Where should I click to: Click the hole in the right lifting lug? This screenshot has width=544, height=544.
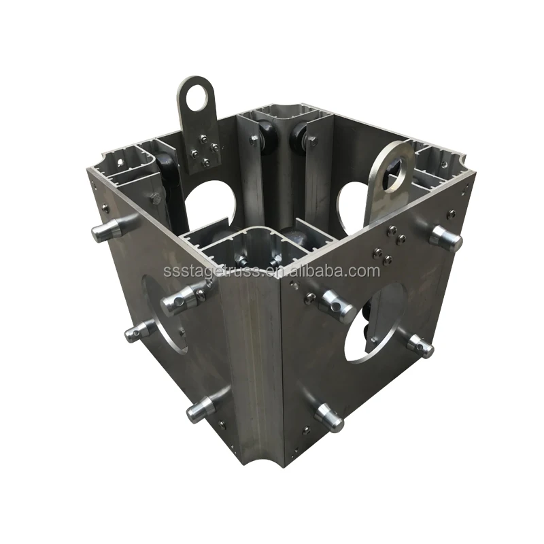point(396,165)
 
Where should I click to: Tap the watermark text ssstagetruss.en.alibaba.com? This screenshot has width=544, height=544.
point(271,271)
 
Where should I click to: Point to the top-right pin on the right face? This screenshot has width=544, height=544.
point(445,238)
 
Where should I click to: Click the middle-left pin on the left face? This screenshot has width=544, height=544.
point(140,331)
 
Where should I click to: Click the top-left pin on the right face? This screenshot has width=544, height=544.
point(337,305)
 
